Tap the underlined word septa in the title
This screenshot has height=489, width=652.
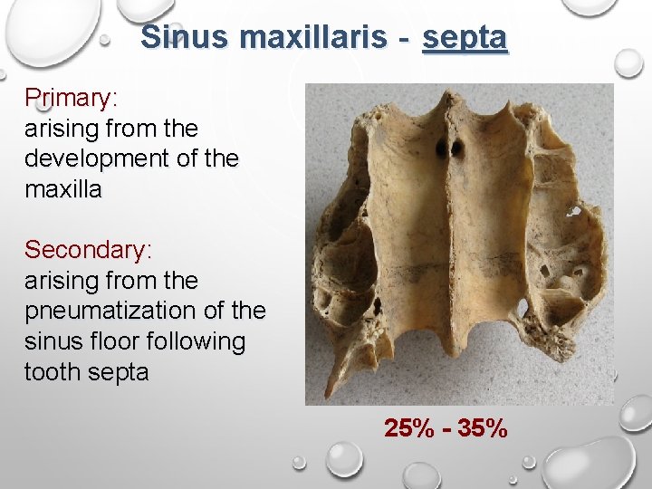pyautogui.click(x=465, y=38)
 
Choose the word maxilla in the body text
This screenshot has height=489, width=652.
pyautogui.click(x=63, y=189)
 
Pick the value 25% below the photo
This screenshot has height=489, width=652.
pyautogui.click(x=409, y=428)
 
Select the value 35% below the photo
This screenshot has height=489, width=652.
pyautogui.click(x=483, y=428)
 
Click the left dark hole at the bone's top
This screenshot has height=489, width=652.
pyautogui.click(x=442, y=147)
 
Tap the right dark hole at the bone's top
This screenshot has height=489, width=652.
pyautogui.click(x=458, y=147)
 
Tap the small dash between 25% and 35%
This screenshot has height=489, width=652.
pyautogui.click(x=446, y=429)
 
